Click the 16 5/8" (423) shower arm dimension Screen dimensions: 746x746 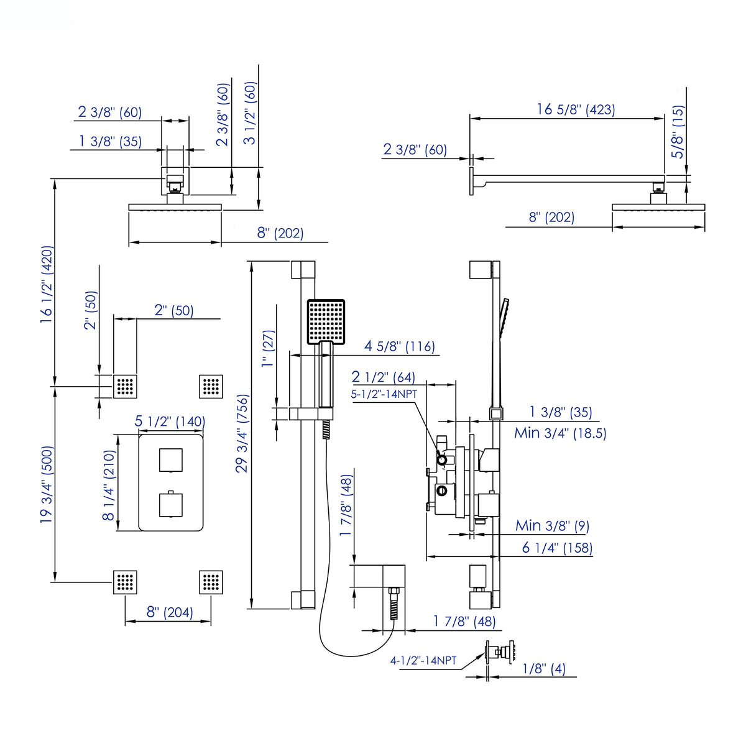tap(576, 109)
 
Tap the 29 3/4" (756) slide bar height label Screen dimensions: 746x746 tap(242, 433)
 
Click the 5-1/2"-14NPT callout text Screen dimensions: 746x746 tap(384, 394)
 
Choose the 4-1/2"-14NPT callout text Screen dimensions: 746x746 tap(423, 661)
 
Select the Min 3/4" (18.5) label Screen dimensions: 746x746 tap(559, 433)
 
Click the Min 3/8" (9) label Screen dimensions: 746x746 tap(552, 526)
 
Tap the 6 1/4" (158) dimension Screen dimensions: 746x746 tap(557, 548)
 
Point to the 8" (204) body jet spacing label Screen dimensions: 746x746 tap(170, 612)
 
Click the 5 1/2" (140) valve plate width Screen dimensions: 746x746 tap(170, 421)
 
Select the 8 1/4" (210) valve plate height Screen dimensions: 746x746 tap(109, 486)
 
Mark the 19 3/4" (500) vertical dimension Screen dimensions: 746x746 tap(47, 485)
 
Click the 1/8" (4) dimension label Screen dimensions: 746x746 tap(543, 669)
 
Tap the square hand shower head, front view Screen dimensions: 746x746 tap(326, 321)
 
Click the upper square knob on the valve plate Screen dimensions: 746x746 tap(171, 460)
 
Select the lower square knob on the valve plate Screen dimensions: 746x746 tap(171, 504)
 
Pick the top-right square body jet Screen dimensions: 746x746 tap(211, 387)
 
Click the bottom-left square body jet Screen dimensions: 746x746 tap(125, 582)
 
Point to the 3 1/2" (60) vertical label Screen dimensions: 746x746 tap(250, 113)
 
